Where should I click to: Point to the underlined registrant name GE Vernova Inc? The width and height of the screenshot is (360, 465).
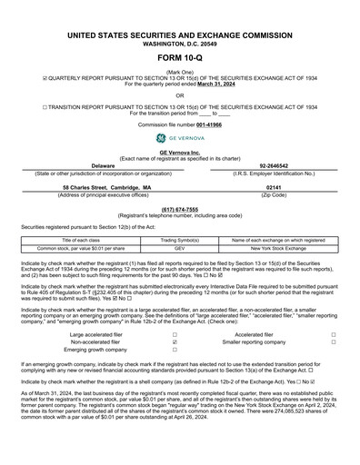click(179, 152)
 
